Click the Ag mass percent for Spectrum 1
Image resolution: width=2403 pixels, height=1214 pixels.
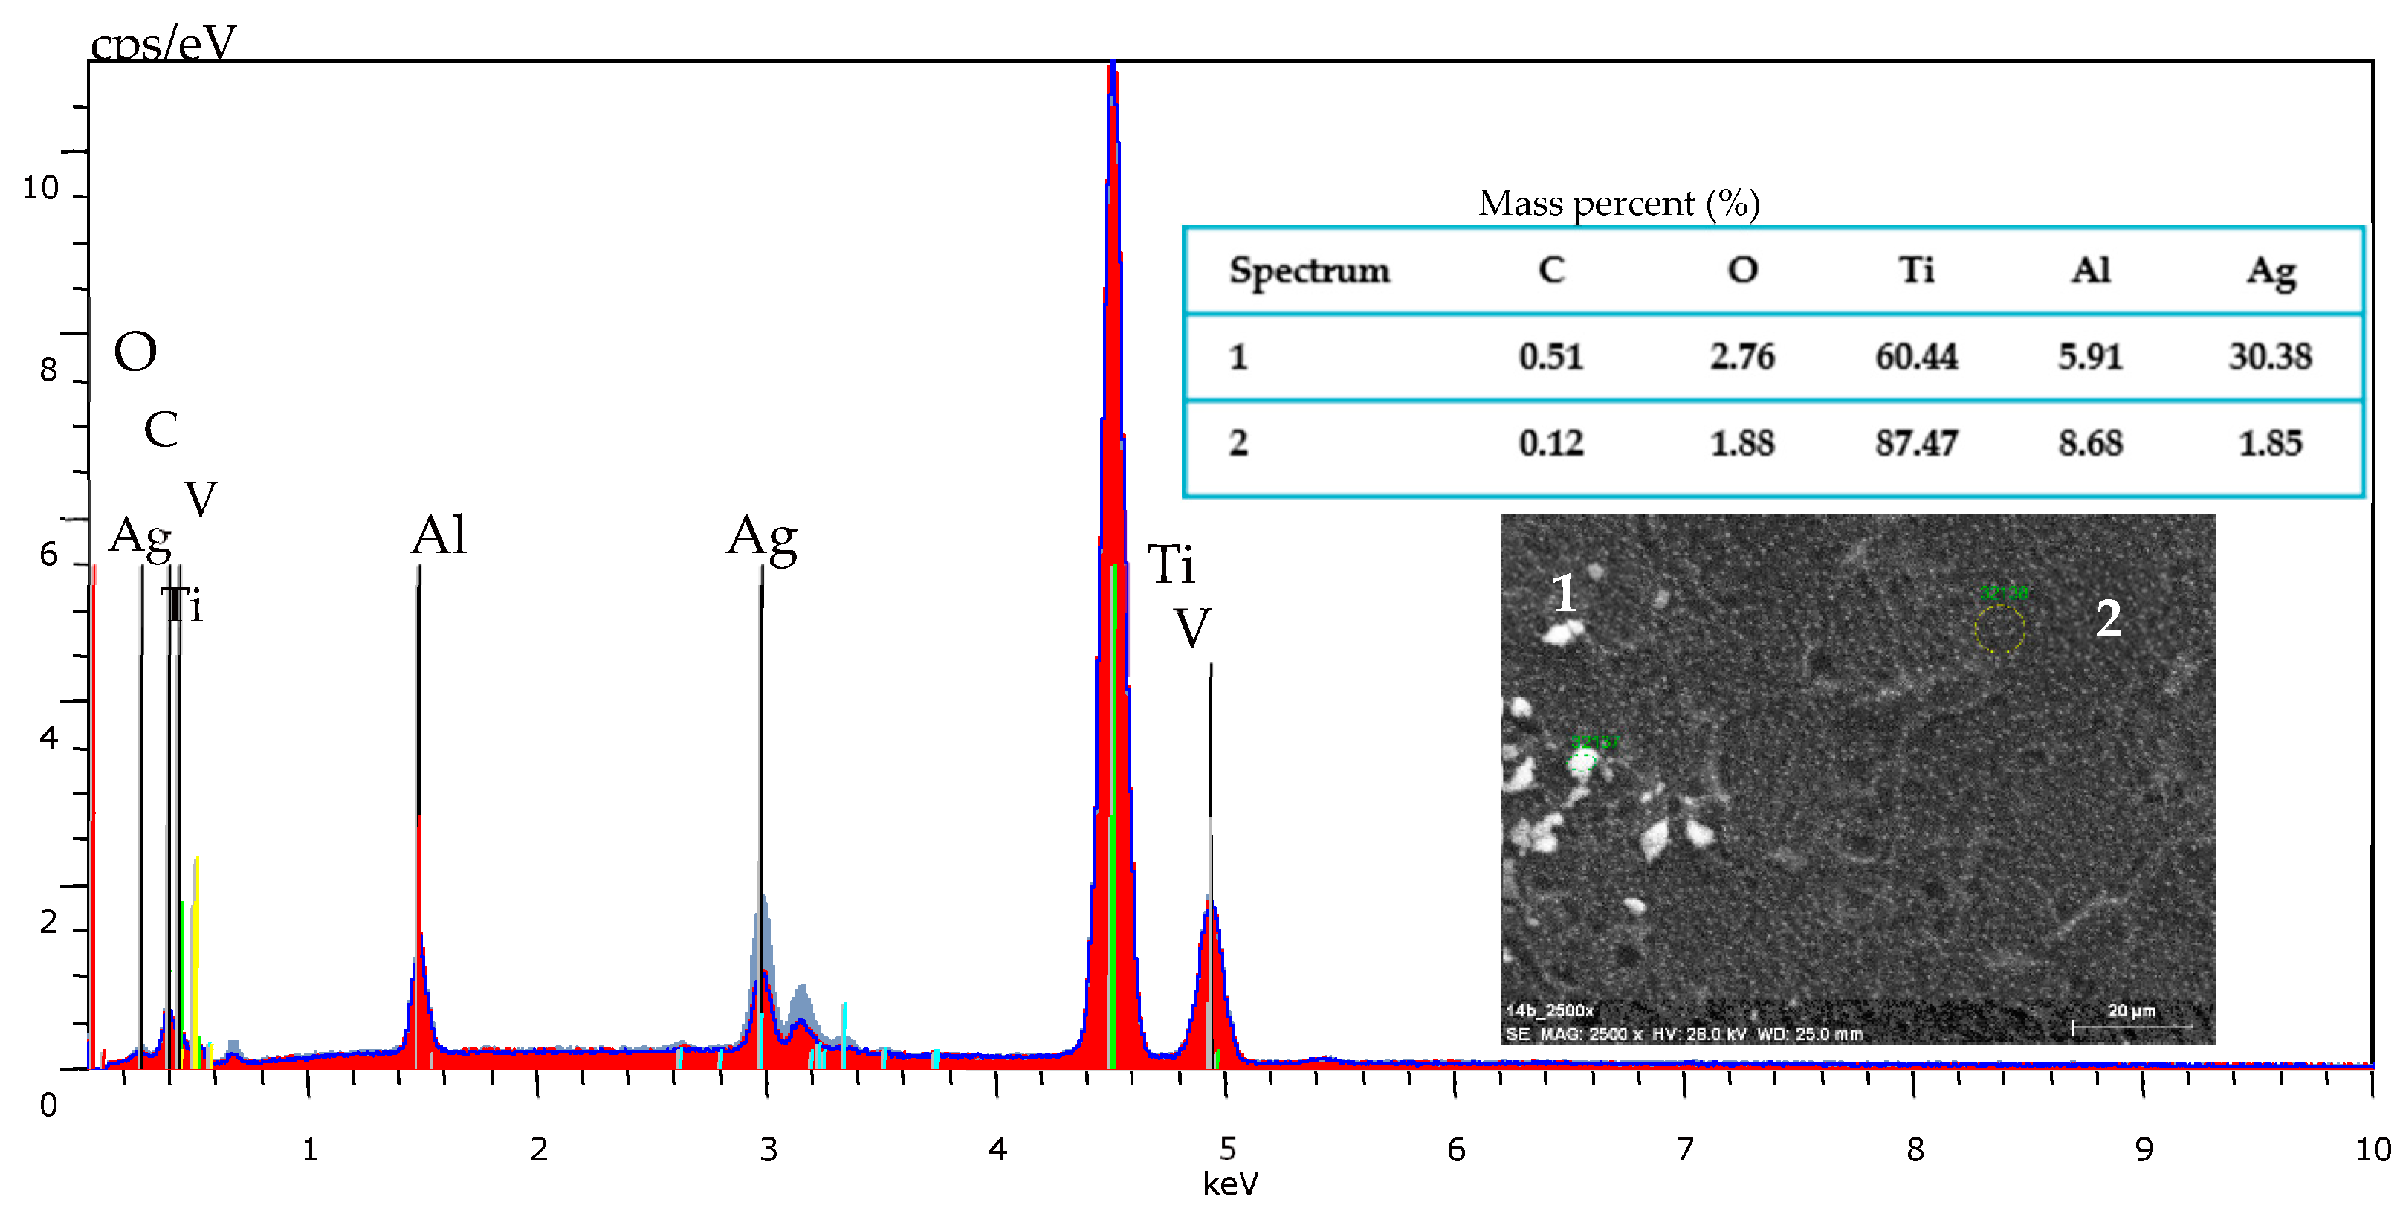(x=2270, y=356)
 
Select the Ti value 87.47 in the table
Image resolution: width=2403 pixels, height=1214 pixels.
(x=1916, y=443)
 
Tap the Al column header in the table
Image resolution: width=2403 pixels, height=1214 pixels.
(x=2091, y=271)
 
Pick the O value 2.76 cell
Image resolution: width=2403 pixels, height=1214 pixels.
(x=1741, y=356)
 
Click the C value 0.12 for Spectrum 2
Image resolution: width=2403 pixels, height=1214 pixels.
(x=1550, y=443)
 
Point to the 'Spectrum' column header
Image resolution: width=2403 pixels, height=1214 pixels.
(x=1309, y=271)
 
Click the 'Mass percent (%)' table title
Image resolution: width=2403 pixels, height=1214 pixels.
(x=1619, y=204)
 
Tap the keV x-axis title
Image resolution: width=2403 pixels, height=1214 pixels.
(x=1229, y=1184)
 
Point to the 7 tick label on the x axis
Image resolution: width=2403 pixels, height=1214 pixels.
(x=1685, y=1149)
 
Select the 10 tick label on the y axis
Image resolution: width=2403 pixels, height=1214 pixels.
(x=40, y=189)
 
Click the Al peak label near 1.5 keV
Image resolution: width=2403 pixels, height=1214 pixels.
(x=439, y=535)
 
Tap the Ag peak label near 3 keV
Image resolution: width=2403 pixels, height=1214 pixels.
(x=762, y=537)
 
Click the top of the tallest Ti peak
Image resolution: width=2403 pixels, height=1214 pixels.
(x=1112, y=65)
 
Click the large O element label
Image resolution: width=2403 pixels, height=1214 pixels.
(x=135, y=352)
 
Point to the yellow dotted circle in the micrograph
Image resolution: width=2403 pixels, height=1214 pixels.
(x=1999, y=629)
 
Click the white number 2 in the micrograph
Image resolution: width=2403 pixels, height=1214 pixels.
(x=2108, y=618)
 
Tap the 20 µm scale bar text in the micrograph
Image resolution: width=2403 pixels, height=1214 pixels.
(x=2131, y=1010)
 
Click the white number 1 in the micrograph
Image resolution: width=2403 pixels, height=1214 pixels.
(x=1565, y=593)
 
